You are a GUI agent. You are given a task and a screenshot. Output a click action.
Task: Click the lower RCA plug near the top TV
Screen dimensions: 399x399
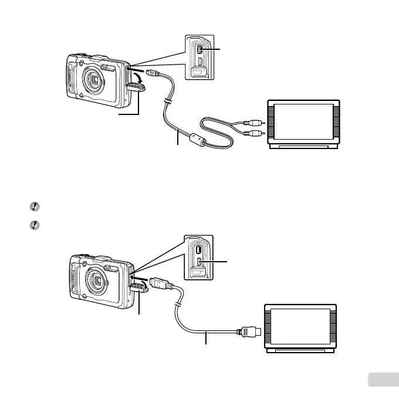coord(254,134)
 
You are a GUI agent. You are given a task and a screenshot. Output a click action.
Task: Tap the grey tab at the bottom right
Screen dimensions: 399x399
coord(381,380)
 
